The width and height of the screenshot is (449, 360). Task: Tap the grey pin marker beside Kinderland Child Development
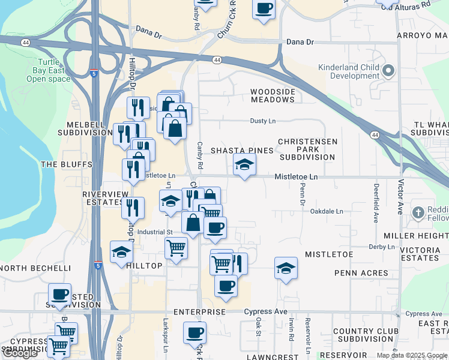click(x=388, y=71)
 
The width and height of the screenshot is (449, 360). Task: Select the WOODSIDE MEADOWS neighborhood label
click(x=273, y=95)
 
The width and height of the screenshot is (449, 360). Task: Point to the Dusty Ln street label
click(x=263, y=121)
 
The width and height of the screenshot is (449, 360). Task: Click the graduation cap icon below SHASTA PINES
click(x=244, y=165)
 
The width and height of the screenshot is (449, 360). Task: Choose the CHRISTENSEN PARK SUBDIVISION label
click(x=307, y=149)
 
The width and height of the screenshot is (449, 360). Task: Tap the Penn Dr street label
click(x=303, y=195)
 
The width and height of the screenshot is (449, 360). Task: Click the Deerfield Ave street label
click(x=376, y=203)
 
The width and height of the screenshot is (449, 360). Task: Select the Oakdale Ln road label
click(x=327, y=211)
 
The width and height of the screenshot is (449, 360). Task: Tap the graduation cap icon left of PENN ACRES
click(x=286, y=268)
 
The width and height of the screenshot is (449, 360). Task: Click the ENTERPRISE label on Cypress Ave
click(x=199, y=312)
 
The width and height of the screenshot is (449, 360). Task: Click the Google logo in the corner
click(x=20, y=353)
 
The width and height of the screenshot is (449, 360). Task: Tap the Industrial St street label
click(x=155, y=231)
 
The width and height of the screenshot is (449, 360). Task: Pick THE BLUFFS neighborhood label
click(x=66, y=164)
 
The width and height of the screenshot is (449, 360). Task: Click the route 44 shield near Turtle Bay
click(x=25, y=43)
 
